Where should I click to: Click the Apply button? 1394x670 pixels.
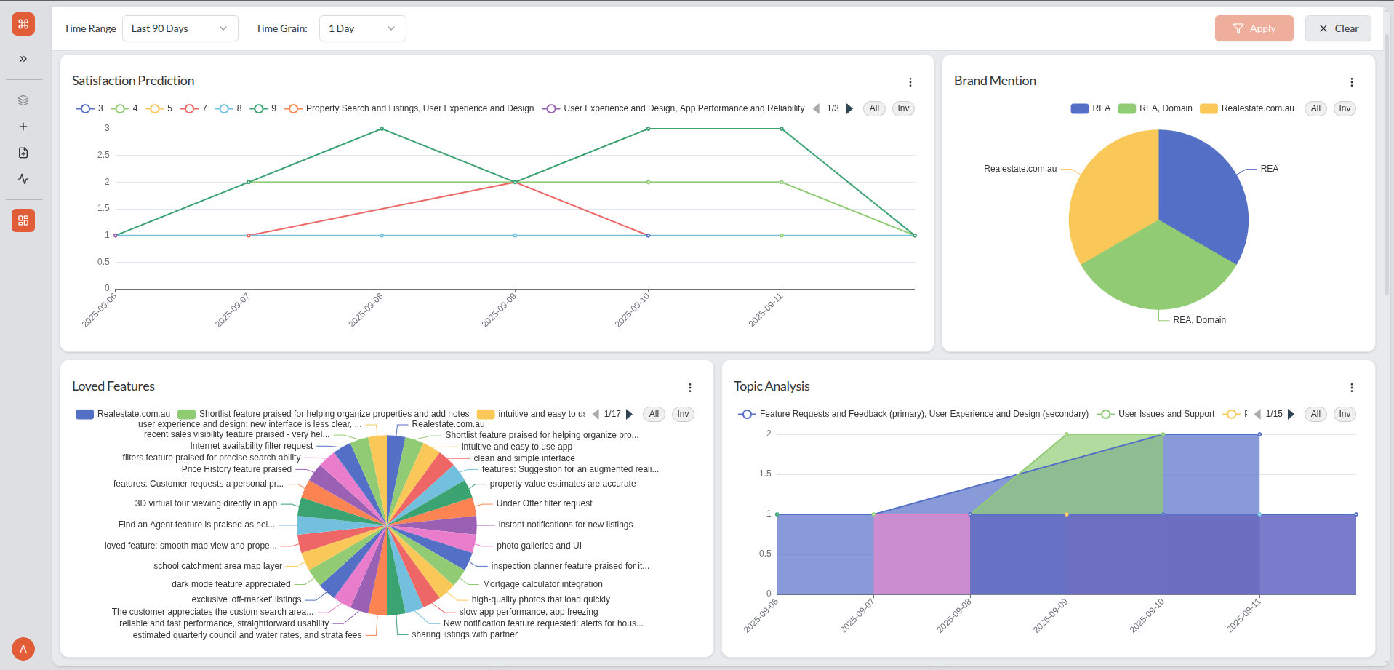1254,28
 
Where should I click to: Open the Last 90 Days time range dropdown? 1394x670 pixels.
180,28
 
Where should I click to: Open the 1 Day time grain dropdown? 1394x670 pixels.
362,28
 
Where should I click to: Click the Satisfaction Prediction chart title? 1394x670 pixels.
133,81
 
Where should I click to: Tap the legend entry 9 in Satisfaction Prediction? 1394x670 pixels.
263,108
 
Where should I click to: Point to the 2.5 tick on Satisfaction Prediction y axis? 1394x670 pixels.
104,155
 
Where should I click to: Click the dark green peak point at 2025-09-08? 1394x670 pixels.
382,129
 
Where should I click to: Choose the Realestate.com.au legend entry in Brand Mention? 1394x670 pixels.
1248,108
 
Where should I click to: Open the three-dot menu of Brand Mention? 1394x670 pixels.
1351,82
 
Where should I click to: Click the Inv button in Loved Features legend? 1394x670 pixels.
683,414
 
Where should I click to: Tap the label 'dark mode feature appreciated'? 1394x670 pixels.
231,584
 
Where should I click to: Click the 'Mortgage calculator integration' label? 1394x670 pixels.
542,584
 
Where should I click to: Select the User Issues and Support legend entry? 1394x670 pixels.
1157,414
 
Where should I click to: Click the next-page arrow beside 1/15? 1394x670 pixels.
1291,414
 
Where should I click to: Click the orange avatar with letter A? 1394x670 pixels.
23,649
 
